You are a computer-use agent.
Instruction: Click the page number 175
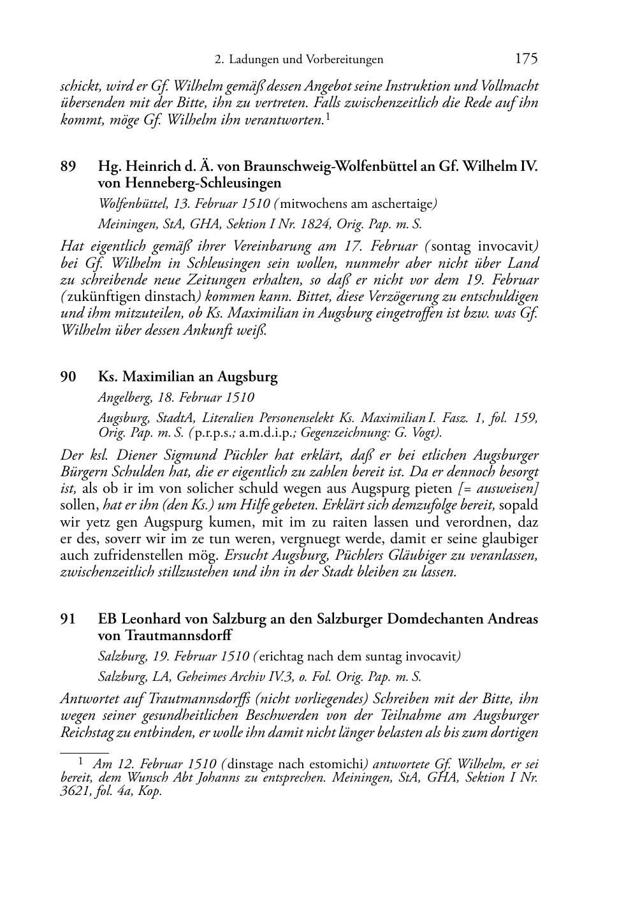[x=526, y=59]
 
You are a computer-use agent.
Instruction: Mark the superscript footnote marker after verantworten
[x=328, y=117]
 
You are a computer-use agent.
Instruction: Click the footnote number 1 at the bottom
[x=81, y=761]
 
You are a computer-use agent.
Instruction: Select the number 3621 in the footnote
[x=73, y=791]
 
